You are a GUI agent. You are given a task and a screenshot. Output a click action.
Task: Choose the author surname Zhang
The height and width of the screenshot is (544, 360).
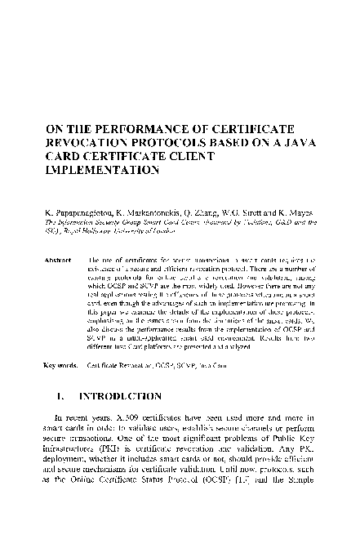pos(220,212)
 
